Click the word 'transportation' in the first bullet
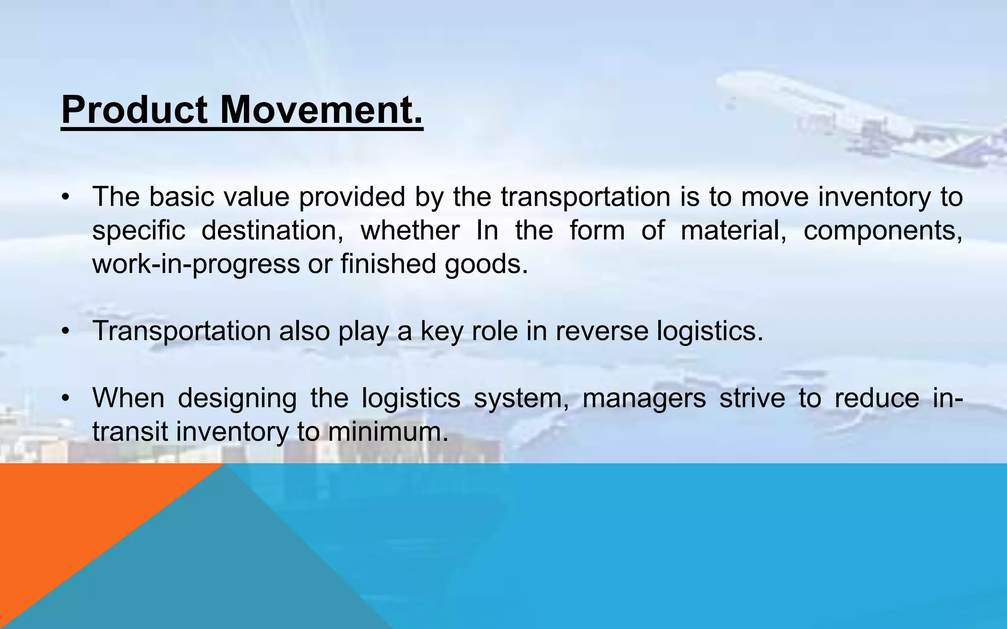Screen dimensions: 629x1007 click(x=586, y=197)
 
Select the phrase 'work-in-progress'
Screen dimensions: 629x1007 click(x=196, y=264)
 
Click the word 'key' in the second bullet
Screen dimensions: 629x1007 click(x=442, y=332)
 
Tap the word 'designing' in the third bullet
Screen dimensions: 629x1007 click(x=237, y=399)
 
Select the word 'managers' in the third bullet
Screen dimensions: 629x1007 click(x=644, y=399)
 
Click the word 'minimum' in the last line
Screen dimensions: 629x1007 click(x=388, y=431)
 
